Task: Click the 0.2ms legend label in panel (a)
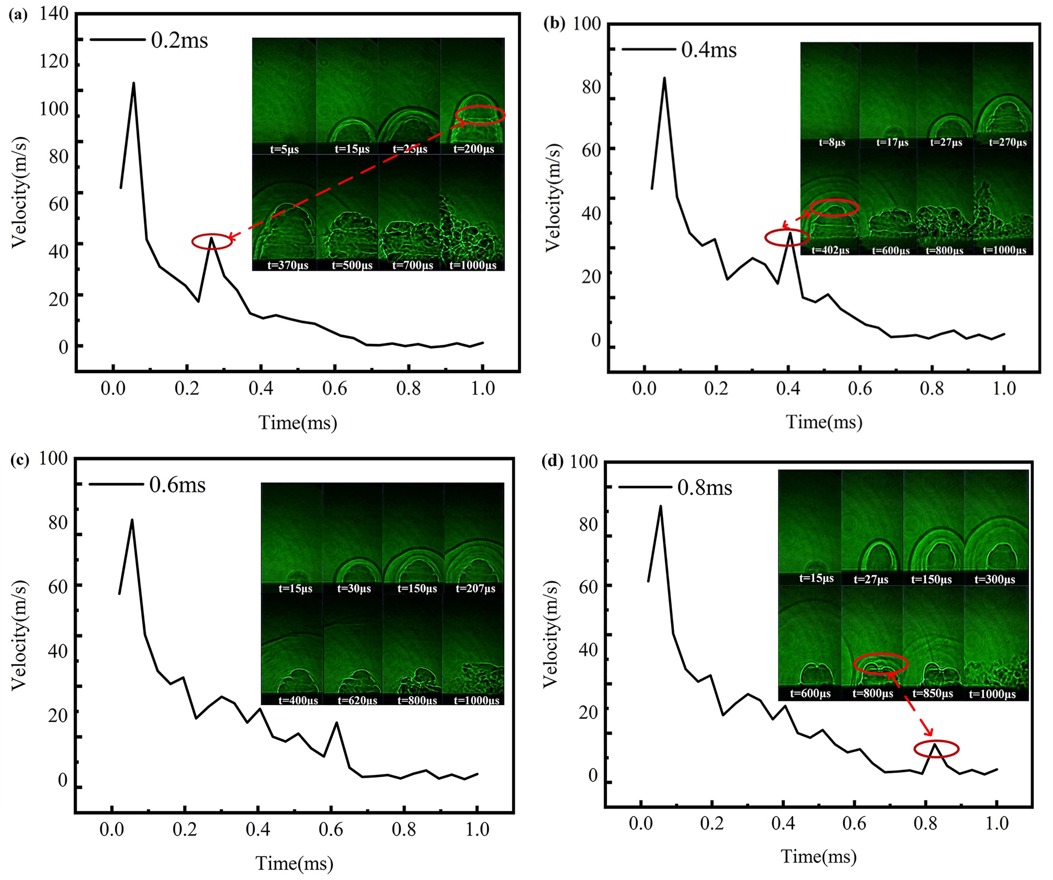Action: pyautogui.click(x=179, y=41)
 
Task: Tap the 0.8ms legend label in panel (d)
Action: pyautogui.click(x=704, y=488)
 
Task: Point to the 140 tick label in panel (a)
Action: pyautogui.click(x=54, y=14)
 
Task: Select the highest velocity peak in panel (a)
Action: pyautogui.click(x=133, y=83)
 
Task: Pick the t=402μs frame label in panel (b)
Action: pyautogui.click(x=830, y=250)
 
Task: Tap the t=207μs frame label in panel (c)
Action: pyautogui.click(x=475, y=588)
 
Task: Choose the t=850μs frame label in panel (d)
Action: pyautogui.click(x=932, y=694)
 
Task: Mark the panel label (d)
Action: pyautogui.click(x=553, y=461)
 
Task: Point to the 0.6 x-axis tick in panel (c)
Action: pyautogui.click(x=331, y=830)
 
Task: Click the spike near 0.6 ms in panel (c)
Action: pyautogui.click(x=336, y=723)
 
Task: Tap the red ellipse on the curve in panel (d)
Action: pyautogui.click(x=936, y=749)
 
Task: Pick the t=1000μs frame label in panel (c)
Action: pyautogui.click(x=476, y=700)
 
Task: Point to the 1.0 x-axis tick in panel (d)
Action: pyautogui.click(x=997, y=823)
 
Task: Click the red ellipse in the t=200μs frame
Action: pyautogui.click(x=480, y=115)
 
